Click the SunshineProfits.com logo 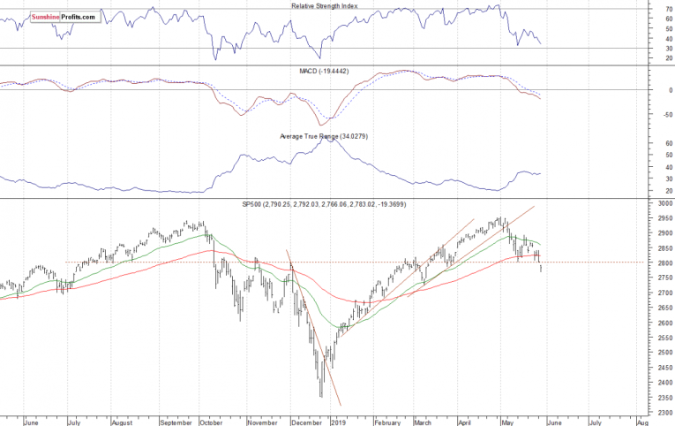click(x=64, y=17)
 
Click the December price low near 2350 click(x=320, y=396)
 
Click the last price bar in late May click(x=541, y=263)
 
